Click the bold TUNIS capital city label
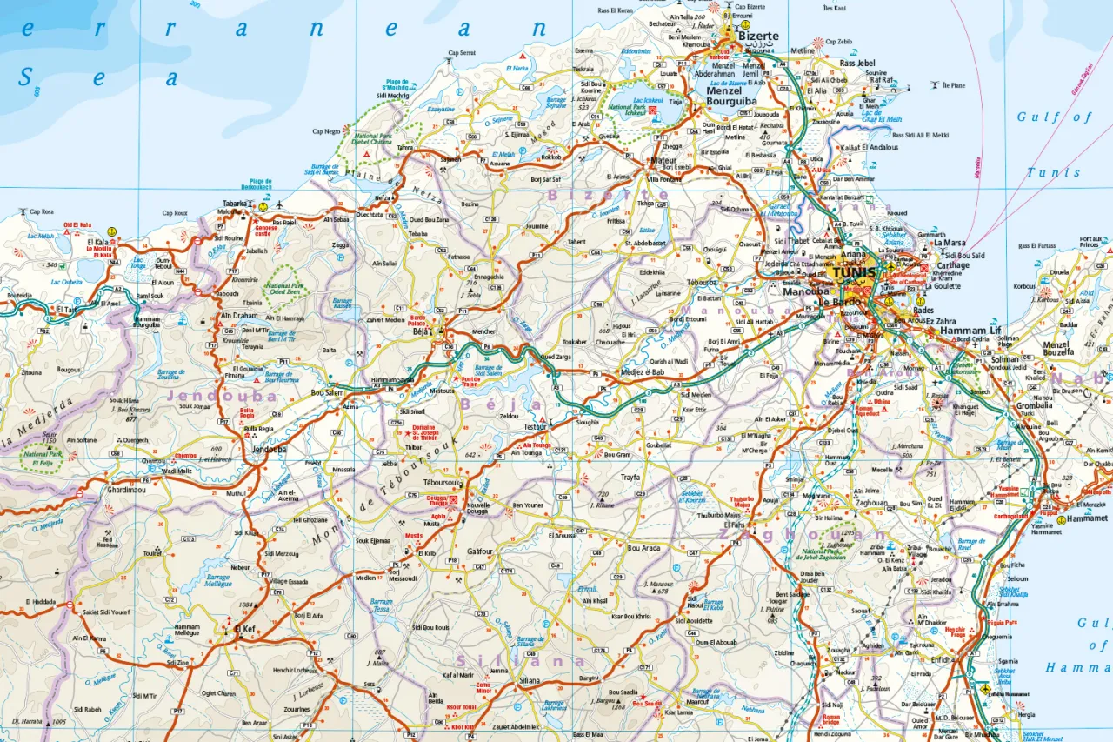[855, 272]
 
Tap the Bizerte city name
[758, 37]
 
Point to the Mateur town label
[664, 160]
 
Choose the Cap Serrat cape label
[462, 53]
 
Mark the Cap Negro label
[326, 131]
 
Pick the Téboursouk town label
[441, 482]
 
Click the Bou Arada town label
[643, 548]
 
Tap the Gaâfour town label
[479, 551]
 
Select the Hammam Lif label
[970, 331]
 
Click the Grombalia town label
[1036, 404]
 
